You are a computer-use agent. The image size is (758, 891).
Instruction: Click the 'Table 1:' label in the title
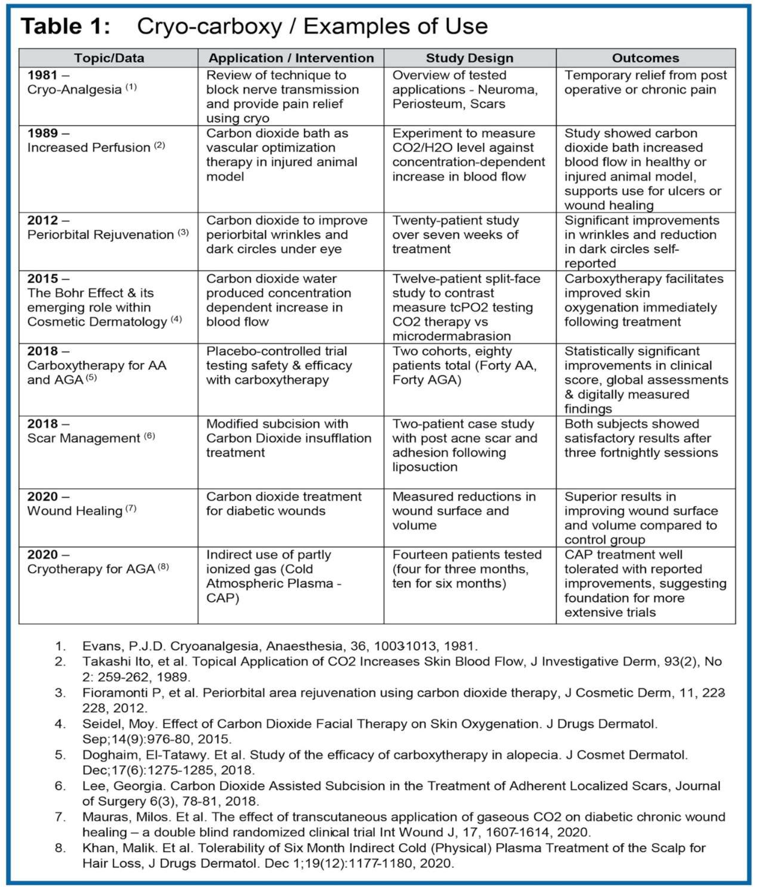pos(65,27)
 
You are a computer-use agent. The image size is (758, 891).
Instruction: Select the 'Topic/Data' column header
pos(109,58)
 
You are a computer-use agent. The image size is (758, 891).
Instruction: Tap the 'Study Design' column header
pos(469,58)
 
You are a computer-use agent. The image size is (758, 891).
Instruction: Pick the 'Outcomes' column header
pos(645,58)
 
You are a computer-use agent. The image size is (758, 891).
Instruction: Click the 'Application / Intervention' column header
pos(291,58)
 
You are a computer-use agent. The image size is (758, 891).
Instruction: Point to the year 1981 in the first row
pos(42,75)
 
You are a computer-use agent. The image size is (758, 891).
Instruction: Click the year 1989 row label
pos(42,133)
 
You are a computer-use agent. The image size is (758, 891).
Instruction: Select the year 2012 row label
pos(42,220)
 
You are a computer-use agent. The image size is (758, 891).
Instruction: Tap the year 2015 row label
pos(42,278)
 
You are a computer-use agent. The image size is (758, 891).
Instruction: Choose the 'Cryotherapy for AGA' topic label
pos(91,569)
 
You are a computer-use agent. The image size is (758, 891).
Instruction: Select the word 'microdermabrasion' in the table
pos(451,336)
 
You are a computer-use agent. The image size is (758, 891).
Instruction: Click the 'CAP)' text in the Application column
pos(222,598)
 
